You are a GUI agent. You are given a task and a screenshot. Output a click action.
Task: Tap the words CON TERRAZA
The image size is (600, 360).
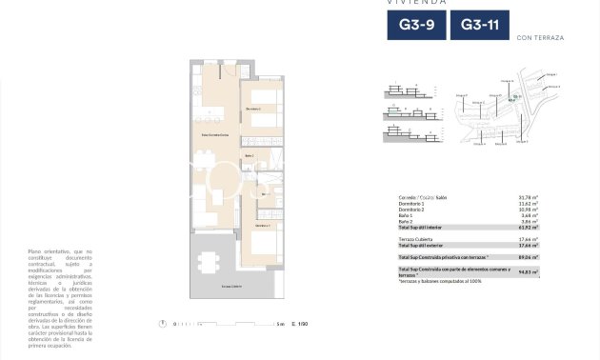coord(539,38)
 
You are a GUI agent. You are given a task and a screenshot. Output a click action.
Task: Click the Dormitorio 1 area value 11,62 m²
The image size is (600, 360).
coord(529,203)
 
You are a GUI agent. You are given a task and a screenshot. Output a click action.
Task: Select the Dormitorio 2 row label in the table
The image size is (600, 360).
coord(412,209)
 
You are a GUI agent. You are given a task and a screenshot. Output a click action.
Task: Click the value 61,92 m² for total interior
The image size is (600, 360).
coord(529,227)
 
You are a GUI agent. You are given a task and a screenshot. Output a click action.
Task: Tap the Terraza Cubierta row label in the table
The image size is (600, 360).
coord(417,239)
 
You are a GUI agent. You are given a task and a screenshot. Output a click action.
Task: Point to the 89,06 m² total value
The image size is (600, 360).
coord(529,257)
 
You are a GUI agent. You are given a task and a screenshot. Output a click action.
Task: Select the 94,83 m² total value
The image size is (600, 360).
coord(529,272)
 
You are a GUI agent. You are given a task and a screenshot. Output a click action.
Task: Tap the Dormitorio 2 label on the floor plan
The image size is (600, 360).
coord(253,109)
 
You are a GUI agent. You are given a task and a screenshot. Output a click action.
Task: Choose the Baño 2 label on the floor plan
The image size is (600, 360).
coord(250,155)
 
